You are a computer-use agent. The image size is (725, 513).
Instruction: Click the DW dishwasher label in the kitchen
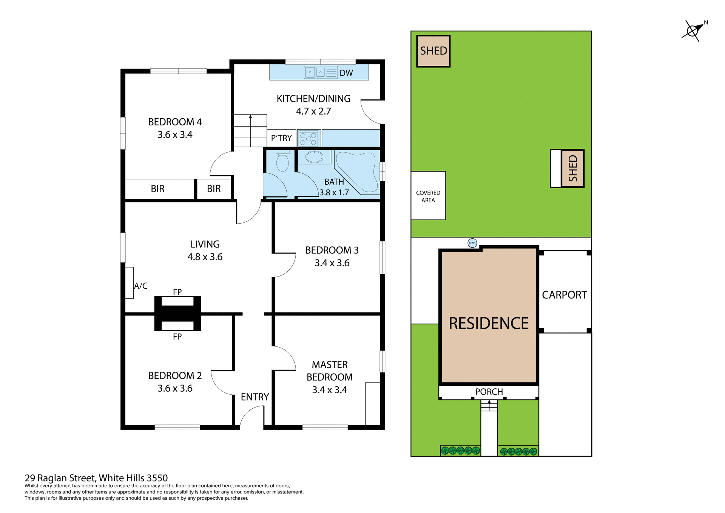(346, 73)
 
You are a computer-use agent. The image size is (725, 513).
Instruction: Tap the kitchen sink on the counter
(315, 72)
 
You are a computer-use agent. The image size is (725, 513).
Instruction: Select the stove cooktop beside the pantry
(309, 138)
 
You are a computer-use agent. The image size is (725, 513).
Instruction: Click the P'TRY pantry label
(281, 138)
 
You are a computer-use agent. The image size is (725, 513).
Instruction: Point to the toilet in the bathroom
(282, 162)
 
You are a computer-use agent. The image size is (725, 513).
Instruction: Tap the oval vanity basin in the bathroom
(314, 157)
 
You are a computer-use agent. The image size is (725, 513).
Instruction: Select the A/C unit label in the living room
(140, 286)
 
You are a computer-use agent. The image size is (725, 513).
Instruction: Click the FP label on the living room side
(177, 292)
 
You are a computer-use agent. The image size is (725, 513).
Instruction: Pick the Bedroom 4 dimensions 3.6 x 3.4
(175, 135)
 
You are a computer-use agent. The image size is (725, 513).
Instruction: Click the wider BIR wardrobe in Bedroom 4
(158, 189)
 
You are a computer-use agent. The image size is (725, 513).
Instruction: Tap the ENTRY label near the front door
(255, 397)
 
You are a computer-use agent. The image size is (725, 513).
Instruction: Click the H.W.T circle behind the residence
(472, 243)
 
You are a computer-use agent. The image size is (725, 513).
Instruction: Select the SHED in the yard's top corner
(433, 51)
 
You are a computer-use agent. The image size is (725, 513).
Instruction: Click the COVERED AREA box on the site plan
(428, 196)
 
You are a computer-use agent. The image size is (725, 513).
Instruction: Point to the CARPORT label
(564, 295)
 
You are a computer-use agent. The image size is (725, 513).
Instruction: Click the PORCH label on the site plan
(489, 392)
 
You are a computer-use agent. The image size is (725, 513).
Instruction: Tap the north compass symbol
(693, 31)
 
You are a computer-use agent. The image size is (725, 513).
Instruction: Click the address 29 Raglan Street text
(96, 478)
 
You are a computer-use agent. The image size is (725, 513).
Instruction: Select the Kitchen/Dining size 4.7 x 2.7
(313, 111)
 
